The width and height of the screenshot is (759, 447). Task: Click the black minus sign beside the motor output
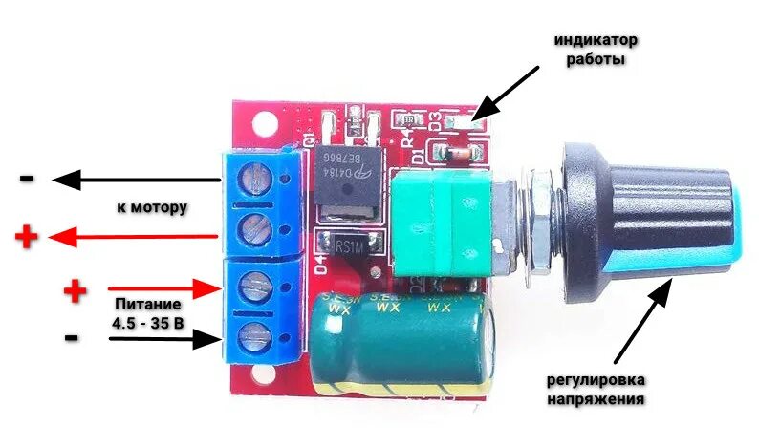27,179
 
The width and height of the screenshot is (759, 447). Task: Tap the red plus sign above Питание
74,290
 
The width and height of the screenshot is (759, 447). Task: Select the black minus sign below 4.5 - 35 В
74,337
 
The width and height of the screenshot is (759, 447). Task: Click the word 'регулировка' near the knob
595,381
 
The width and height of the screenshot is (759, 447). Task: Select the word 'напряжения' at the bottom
595,399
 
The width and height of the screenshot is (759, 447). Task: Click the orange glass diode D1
457,152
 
